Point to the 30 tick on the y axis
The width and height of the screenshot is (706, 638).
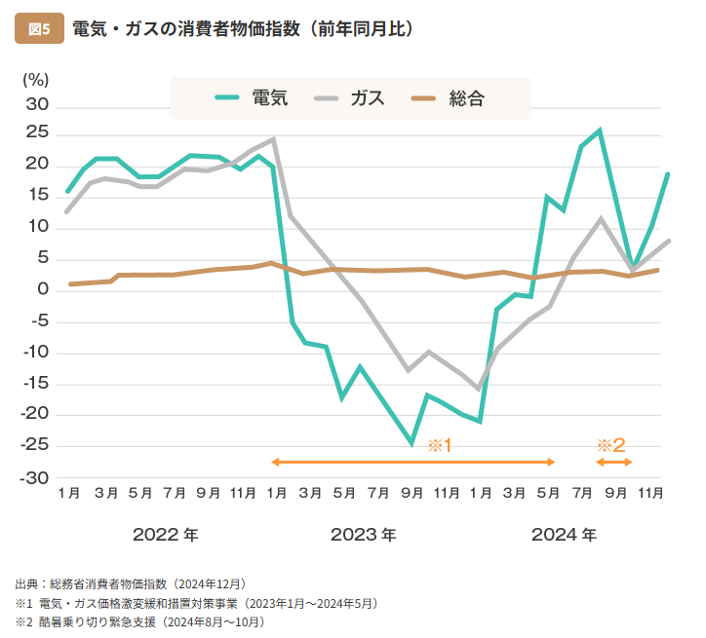[36, 104]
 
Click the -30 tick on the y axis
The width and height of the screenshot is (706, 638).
[34, 477]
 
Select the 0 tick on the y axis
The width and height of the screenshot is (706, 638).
[43, 289]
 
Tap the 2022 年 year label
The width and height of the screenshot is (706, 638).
[165, 535]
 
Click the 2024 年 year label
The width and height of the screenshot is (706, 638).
[564, 535]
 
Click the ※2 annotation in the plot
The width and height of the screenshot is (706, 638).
[610, 445]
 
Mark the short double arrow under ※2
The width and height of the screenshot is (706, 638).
[613, 462]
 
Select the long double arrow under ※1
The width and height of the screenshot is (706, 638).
[413, 462]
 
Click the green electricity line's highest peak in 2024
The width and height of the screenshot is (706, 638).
[600, 130]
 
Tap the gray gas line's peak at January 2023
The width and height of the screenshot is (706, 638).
[274, 138]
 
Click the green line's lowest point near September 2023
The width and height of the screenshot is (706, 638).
[412, 443]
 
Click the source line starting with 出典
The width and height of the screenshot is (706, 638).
[130, 584]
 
